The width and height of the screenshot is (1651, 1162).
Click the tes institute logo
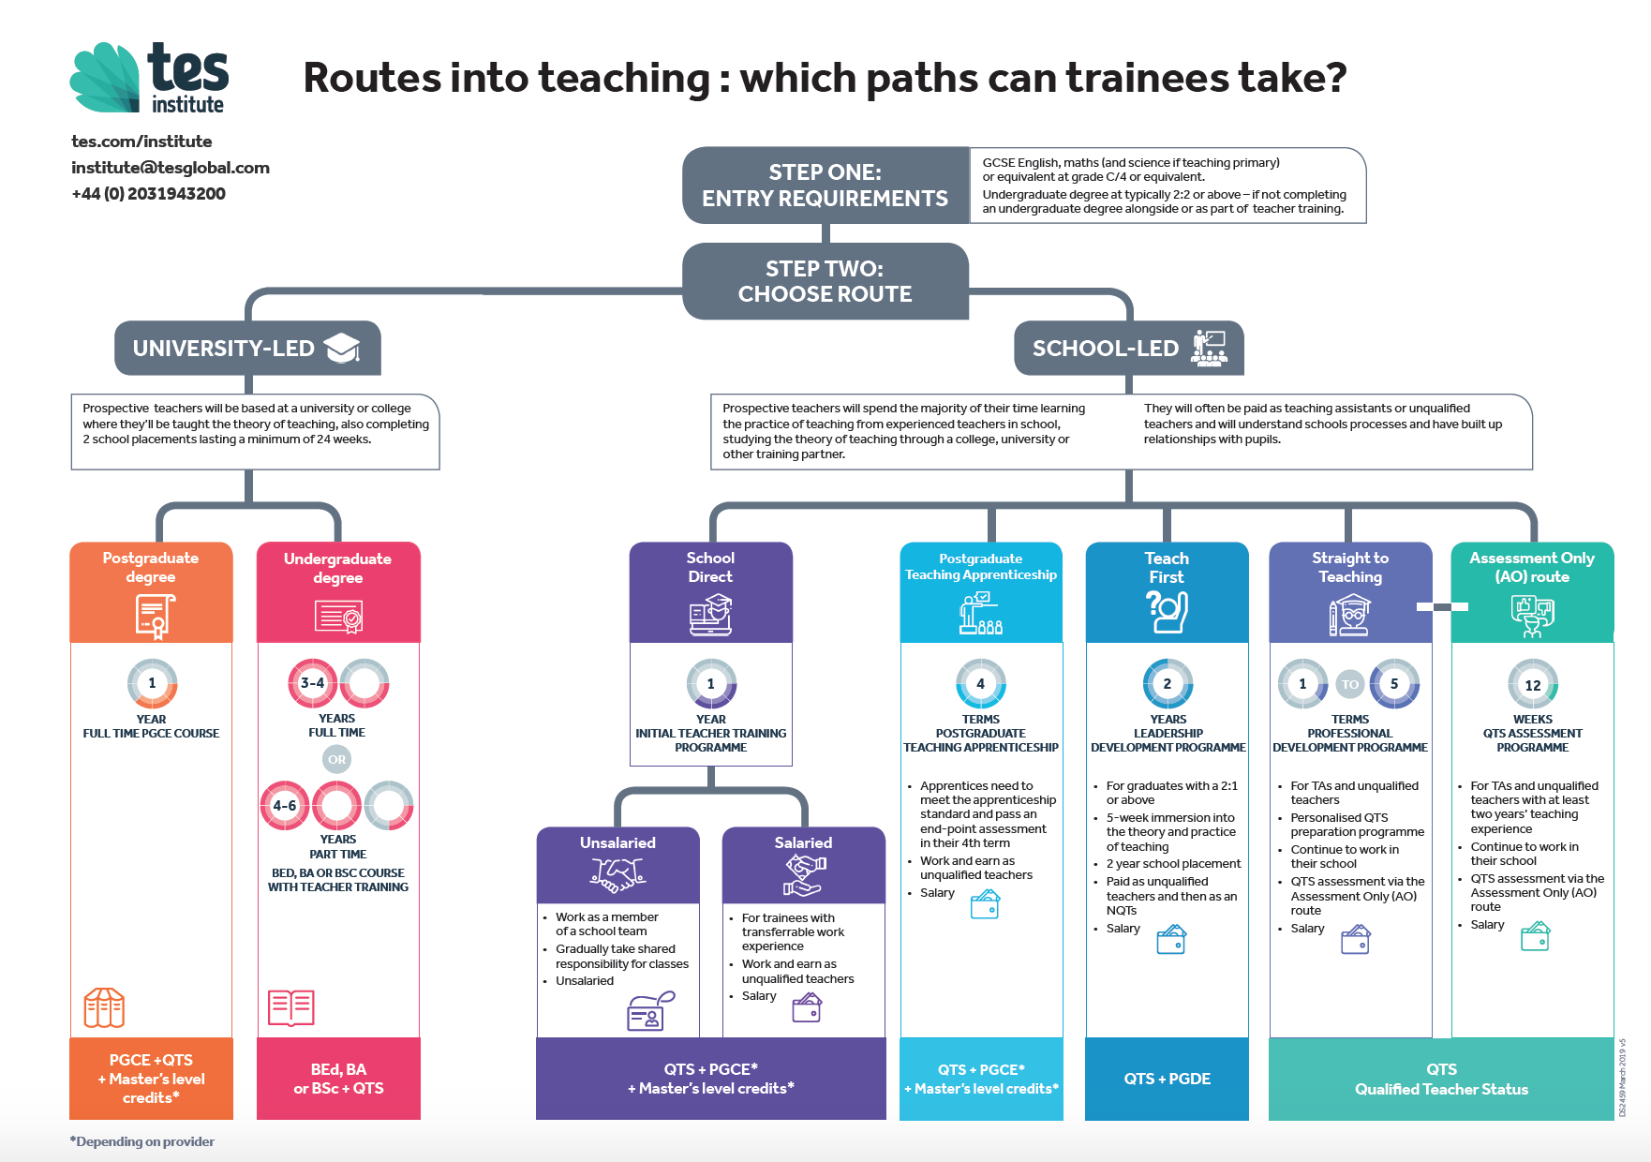coord(150,79)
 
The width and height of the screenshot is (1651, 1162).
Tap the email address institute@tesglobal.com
coord(171,168)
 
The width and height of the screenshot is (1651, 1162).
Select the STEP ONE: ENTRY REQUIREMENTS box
coord(825,186)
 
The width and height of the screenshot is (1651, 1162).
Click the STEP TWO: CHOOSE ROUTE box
coord(825,281)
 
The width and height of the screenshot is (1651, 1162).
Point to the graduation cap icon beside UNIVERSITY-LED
coord(342,348)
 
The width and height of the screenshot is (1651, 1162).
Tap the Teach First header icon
coord(1168,613)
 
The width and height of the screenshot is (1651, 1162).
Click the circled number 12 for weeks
coord(1533,685)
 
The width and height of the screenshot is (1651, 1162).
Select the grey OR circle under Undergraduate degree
coord(337,759)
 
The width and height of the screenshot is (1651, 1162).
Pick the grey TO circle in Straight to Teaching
coord(1349,684)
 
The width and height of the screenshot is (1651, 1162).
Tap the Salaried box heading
coord(803,842)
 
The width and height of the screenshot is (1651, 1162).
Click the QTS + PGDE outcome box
coord(1168,1079)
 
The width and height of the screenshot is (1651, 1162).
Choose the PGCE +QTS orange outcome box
coord(151,1079)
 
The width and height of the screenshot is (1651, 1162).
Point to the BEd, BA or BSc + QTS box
coord(338,1079)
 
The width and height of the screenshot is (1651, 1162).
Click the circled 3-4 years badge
coord(312,683)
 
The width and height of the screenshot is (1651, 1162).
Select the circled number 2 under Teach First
coord(1168,684)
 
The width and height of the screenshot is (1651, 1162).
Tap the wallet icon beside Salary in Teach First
coord(1171,939)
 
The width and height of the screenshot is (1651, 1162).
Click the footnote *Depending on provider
coord(142,1141)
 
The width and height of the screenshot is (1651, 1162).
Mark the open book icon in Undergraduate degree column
coord(291,1007)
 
